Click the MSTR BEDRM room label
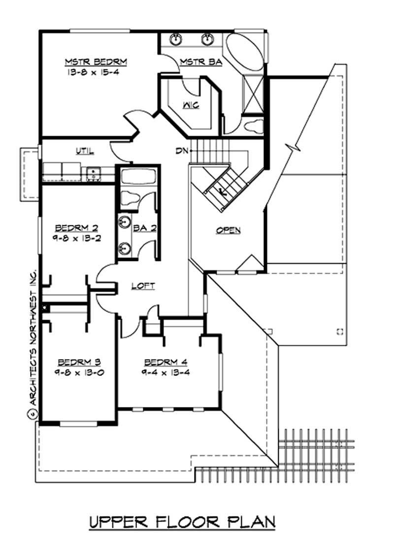tap(96, 62)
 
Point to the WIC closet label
tap(191, 106)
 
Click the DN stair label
tap(180, 150)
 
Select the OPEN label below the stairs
tap(228, 230)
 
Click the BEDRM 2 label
tap(76, 228)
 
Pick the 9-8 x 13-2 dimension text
tap(76, 237)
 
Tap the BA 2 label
tap(144, 228)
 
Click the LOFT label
tap(143, 286)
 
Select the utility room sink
tap(93, 173)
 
